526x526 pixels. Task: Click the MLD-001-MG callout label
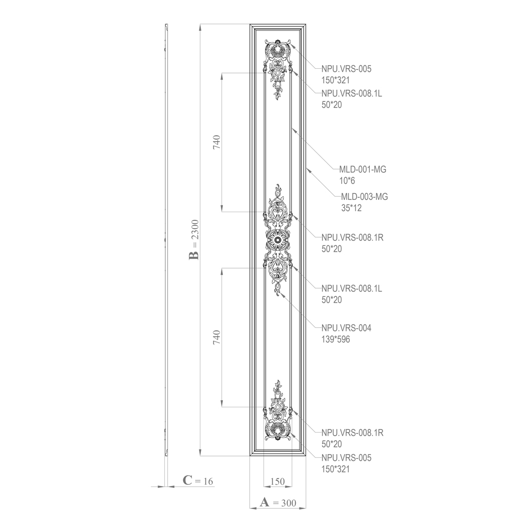tap(362, 170)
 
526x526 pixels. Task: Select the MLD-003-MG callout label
tap(364, 197)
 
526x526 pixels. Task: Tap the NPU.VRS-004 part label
tap(347, 328)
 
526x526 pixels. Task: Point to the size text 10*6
tap(347, 181)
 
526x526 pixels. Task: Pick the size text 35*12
tap(351, 208)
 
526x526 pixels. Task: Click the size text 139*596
tap(336, 339)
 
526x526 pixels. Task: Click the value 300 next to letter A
tap(289, 503)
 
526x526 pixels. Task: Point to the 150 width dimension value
tap(277, 481)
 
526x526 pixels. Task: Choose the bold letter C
tap(187, 480)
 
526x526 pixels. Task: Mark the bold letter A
tap(265, 502)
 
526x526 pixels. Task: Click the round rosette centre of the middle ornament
tap(278, 240)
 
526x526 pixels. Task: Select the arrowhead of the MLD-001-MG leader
tap(292, 128)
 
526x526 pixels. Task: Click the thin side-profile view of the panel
tap(166, 240)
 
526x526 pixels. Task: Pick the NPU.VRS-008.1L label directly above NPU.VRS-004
tap(351, 289)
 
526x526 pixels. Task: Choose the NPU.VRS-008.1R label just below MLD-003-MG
tap(352, 237)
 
